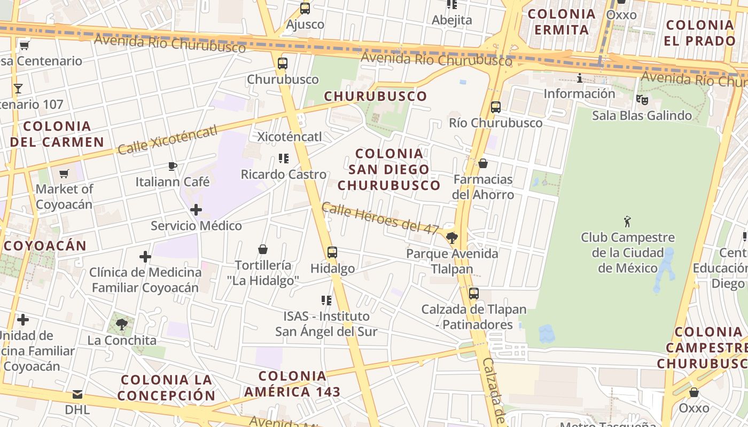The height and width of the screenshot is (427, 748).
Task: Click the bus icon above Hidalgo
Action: click(332, 252)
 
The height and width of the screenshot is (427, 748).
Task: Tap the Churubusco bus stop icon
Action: click(283, 64)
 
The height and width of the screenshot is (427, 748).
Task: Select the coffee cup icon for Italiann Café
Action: click(172, 166)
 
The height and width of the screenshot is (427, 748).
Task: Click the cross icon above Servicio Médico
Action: click(196, 210)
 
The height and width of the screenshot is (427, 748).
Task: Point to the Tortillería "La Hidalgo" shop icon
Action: click(263, 249)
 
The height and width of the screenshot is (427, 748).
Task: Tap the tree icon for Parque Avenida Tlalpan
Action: click(452, 238)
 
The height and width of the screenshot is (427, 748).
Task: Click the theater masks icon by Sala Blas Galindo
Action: click(642, 99)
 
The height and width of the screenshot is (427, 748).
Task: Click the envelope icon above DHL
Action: click(77, 394)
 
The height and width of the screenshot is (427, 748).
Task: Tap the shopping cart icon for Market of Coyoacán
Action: click(64, 173)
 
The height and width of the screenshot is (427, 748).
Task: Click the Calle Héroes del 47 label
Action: click(380, 218)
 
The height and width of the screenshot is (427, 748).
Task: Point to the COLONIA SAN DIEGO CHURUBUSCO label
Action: click(389, 169)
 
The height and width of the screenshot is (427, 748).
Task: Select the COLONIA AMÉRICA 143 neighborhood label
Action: click(292, 384)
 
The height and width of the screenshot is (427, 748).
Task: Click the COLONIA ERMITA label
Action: click(562, 22)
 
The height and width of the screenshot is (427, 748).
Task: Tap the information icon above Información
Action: click(580, 78)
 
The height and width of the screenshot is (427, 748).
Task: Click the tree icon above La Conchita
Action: click(122, 324)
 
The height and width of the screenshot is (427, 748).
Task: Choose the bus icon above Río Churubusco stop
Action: click(496, 107)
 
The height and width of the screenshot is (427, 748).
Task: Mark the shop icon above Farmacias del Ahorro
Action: click(483, 163)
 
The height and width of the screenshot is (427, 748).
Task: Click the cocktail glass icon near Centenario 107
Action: click(18, 88)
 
